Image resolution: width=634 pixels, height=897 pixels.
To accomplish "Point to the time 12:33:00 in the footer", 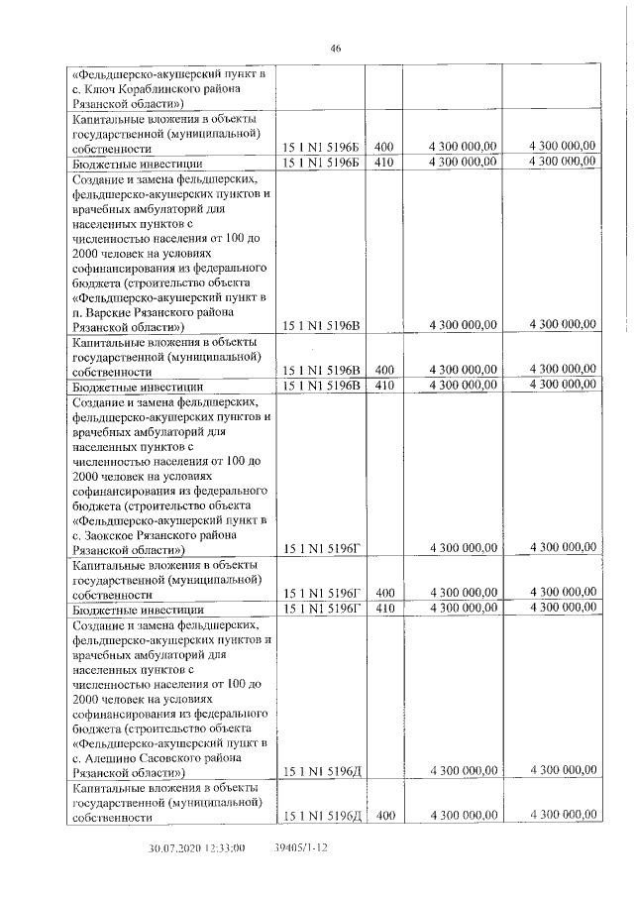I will [x=225, y=849].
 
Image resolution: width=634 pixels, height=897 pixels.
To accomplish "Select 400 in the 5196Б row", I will [x=384, y=147].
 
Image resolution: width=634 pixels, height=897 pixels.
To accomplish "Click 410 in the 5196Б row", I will [x=384, y=162].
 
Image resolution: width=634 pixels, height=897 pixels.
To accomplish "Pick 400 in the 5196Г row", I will [x=384, y=593].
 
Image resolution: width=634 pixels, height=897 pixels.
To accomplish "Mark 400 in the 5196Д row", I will [x=384, y=816].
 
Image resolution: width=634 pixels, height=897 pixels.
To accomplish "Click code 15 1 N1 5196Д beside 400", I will [x=323, y=816].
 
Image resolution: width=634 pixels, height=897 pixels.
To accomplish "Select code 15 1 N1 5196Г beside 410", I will [x=323, y=608].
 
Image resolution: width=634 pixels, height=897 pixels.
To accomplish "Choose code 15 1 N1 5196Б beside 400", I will [x=323, y=147].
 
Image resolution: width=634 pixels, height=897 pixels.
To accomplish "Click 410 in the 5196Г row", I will [x=384, y=608].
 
